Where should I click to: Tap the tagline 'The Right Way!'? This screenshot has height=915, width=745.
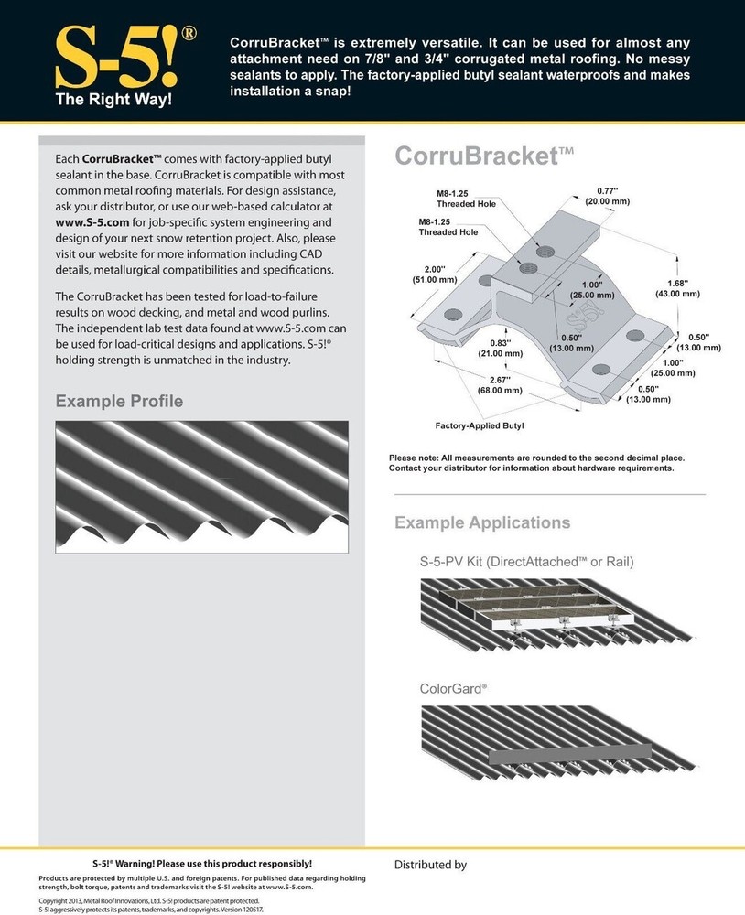(114, 99)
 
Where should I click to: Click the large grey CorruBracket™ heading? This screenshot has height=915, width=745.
(484, 156)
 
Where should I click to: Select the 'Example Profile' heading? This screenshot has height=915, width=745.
(119, 401)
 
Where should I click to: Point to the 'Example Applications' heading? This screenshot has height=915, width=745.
(481, 522)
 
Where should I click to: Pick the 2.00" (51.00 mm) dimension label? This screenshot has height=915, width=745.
(434, 274)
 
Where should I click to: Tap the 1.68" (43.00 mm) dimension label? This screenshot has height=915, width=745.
(677, 288)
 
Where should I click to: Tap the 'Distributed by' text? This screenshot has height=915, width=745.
(430, 864)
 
